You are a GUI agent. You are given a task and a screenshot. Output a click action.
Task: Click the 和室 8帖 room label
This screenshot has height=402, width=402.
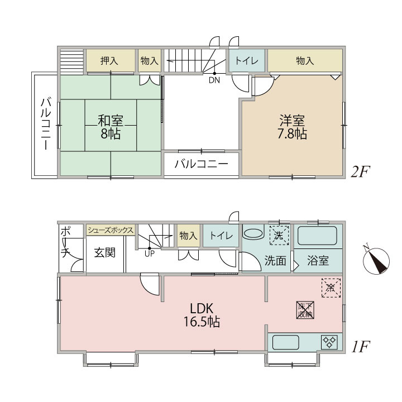pyautogui.click(x=111, y=127)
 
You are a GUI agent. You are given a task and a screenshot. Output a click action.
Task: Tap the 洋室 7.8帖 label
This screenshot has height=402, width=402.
pyautogui.click(x=292, y=127)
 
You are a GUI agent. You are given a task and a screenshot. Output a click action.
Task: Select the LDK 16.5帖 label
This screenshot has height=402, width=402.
pyautogui.click(x=202, y=315)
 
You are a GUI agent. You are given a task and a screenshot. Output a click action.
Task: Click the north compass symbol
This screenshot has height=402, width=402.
pyautogui.click(x=376, y=261)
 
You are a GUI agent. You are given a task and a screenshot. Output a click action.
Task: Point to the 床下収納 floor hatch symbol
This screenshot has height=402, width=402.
pyautogui.click(x=305, y=310)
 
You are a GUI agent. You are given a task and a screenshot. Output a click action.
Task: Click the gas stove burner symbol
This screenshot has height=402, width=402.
pyautogui.click(x=329, y=342)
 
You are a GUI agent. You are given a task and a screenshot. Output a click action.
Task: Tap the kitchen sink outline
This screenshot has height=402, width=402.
pyautogui.click(x=286, y=342)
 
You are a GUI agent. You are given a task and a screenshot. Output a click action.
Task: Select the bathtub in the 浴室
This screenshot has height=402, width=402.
pyautogui.click(x=317, y=236)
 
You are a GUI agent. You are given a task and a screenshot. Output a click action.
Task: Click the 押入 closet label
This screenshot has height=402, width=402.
pyautogui.click(x=109, y=61)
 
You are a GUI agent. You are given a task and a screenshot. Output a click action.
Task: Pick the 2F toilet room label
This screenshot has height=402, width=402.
pyautogui.click(x=247, y=61)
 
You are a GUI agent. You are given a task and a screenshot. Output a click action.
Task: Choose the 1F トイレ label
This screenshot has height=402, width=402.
pyautogui.click(x=221, y=236)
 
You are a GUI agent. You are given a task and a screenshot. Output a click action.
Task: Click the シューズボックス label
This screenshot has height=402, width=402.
pyautogui.click(x=111, y=230)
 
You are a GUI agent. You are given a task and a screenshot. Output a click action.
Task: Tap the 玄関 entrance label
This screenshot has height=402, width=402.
pyautogui.click(x=105, y=252)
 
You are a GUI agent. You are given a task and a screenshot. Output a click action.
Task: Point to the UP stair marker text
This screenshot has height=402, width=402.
pyautogui.click(x=150, y=254)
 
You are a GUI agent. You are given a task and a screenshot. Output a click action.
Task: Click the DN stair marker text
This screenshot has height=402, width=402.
pyautogui.click(x=214, y=80)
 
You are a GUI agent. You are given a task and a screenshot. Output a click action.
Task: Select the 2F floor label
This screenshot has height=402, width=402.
pyautogui.click(x=360, y=171)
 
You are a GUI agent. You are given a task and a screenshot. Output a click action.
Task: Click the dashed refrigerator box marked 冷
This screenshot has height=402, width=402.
pyautogui.click(x=331, y=288)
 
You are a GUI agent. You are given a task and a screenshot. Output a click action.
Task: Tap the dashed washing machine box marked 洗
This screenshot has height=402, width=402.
pyautogui.click(x=279, y=236)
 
